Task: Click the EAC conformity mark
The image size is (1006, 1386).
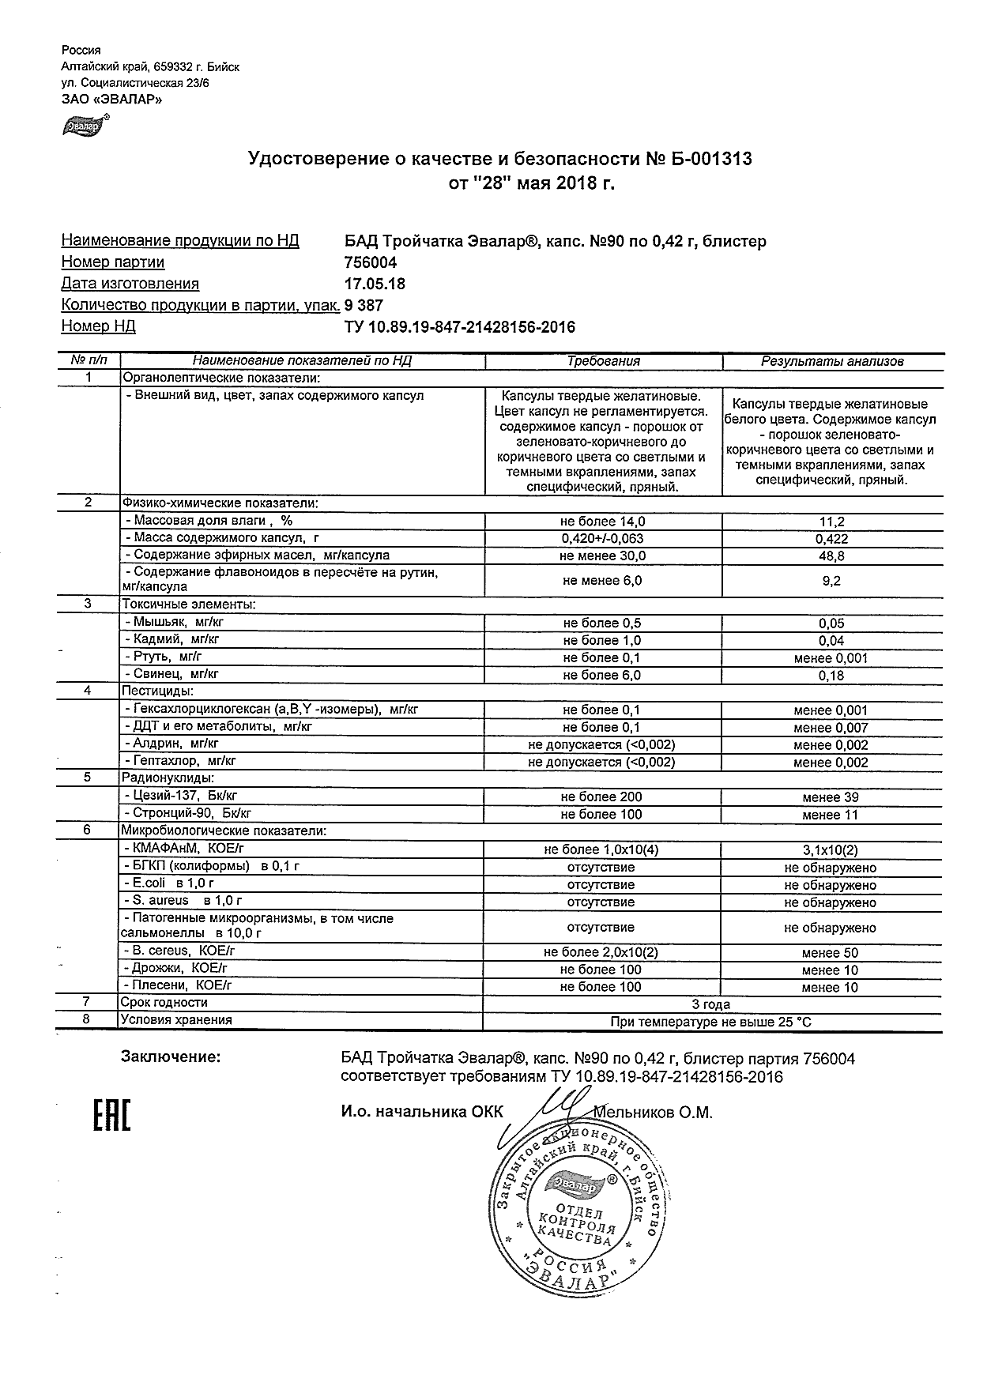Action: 111,1113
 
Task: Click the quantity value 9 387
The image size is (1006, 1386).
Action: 364,305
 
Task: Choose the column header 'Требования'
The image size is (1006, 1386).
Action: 604,361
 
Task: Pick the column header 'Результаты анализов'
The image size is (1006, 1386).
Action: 831,361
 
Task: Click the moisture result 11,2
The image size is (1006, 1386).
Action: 831,522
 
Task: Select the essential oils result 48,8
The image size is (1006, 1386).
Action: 831,556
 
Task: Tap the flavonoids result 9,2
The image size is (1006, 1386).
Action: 831,581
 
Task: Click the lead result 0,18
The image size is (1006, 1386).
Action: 831,676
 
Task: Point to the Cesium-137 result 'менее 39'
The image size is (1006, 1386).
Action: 831,797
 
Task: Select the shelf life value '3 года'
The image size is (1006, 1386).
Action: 711,1004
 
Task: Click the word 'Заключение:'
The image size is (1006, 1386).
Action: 171,1056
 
